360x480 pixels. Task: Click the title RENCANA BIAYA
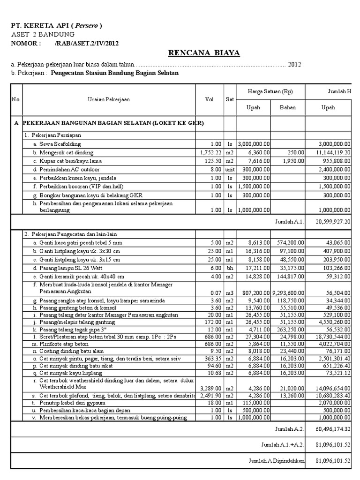pos(204,53)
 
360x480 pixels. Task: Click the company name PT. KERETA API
pos(56,25)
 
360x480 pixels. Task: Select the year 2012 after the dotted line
pos(294,64)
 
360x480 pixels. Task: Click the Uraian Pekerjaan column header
pos(109,99)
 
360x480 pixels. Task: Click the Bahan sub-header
pos(288,107)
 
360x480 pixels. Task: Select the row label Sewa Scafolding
pos(57,144)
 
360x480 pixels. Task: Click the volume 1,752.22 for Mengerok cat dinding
pos(210,152)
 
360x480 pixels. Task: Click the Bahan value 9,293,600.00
pos(288,293)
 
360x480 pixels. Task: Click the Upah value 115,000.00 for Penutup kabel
pos(255,403)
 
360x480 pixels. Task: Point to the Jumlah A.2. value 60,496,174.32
pos(334,429)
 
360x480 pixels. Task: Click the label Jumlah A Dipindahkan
pos(277,461)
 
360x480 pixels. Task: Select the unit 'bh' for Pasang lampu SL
pos(229,268)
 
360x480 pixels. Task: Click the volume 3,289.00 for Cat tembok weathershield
pos(210,388)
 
